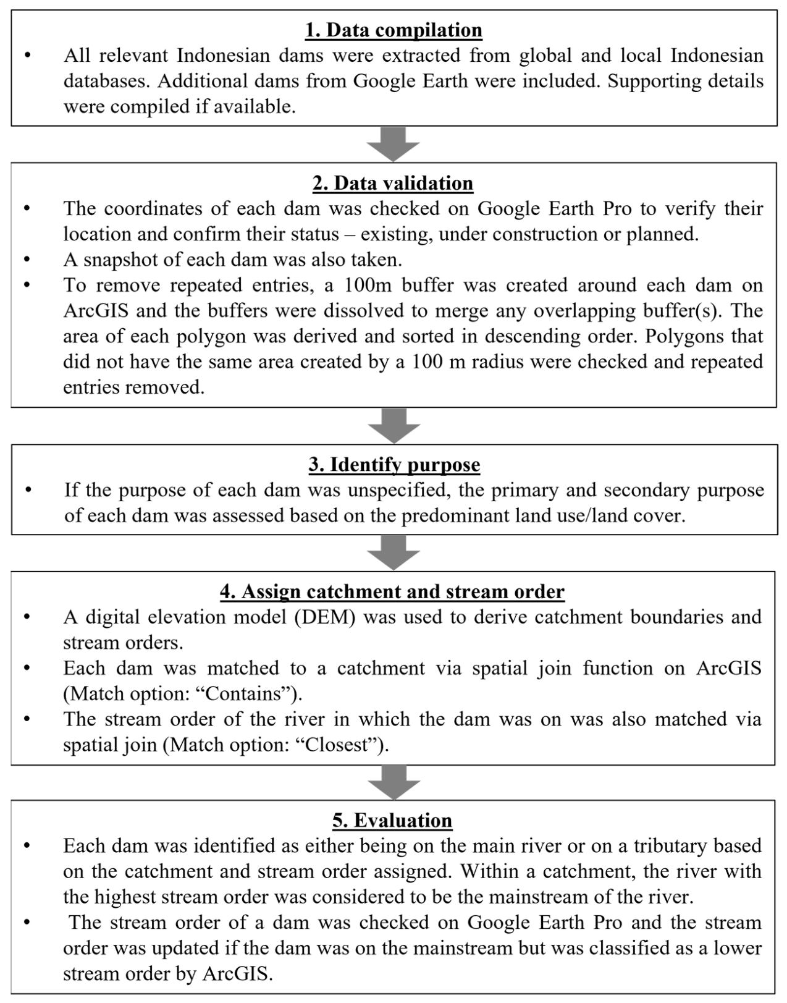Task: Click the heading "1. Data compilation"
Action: [393, 30]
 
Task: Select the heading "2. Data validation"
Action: [393, 184]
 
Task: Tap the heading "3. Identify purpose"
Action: [394, 465]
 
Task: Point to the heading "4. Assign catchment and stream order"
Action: [392, 592]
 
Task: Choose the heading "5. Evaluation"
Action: [392, 821]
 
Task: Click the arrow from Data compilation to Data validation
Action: [393, 145]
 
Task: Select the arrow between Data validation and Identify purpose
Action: [393, 426]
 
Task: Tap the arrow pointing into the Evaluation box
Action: [393, 782]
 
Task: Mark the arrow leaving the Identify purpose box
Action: [393, 552]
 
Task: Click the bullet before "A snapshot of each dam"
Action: [27, 260]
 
